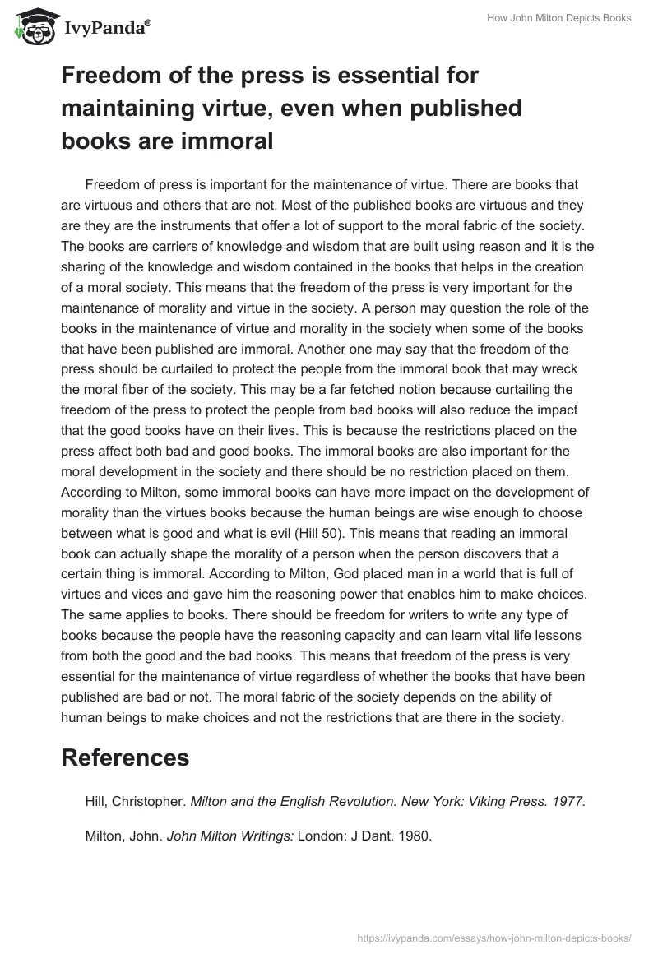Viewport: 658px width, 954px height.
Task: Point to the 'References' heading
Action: point(125,757)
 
